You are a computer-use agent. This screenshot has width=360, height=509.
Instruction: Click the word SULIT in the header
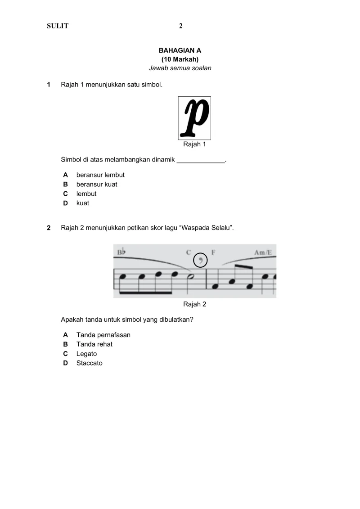click(58, 26)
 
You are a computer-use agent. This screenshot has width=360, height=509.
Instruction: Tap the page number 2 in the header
click(180, 26)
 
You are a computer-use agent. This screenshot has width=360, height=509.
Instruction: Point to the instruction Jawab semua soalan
click(180, 68)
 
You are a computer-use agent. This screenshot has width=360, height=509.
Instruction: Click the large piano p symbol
click(194, 117)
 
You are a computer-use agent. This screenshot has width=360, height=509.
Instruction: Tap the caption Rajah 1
click(194, 144)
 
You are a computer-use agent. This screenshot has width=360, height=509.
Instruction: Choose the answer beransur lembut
click(100, 175)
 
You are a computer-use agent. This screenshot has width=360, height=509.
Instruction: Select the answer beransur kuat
click(97, 184)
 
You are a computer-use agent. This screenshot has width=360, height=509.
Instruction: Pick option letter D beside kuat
click(65, 203)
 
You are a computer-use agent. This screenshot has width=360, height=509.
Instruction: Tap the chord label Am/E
click(263, 252)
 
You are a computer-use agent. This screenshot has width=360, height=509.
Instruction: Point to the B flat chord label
click(121, 252)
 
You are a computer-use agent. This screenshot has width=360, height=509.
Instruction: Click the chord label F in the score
click(214, 252)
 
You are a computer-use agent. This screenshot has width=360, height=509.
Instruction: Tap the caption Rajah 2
click(194, 304)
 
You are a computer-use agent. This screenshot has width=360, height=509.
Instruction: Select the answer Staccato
click(90, 363)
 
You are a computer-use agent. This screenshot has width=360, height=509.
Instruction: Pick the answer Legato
click(86, 354)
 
